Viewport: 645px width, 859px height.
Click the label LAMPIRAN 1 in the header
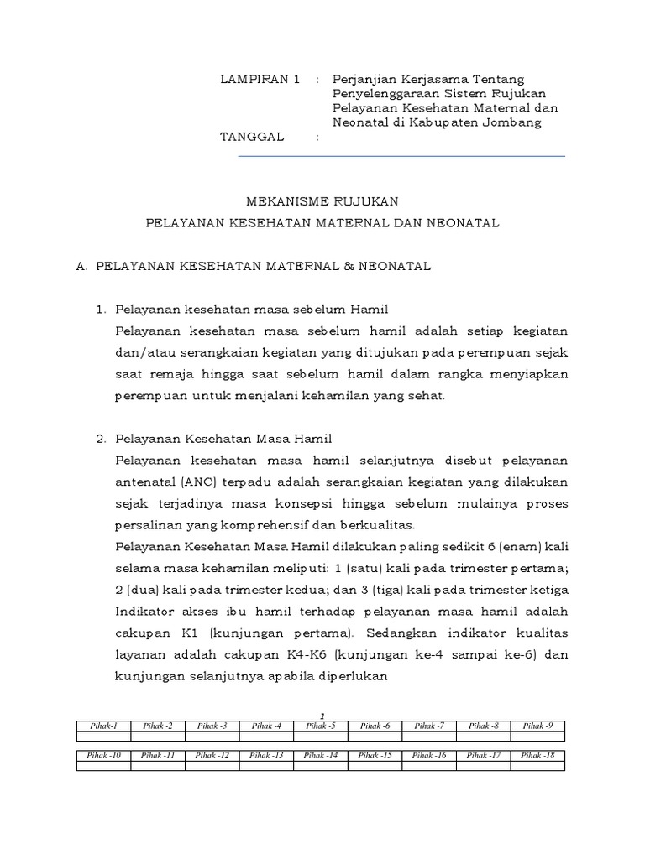(x=260, y=80)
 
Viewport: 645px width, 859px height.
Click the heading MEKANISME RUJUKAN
(x=322, y=201)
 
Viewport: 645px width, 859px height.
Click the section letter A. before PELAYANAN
(x=82, y=266)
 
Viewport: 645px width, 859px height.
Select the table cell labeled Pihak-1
(x=103, y=726)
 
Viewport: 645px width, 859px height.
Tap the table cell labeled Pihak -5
(x=321, y=726)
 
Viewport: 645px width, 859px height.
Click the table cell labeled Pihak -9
(x=537, y=726)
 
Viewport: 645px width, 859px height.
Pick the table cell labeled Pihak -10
(x=103, y=756)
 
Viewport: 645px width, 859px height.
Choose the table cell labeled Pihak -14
(x=321, y=756)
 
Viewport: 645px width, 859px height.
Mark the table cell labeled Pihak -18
(x=537, y=756)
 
